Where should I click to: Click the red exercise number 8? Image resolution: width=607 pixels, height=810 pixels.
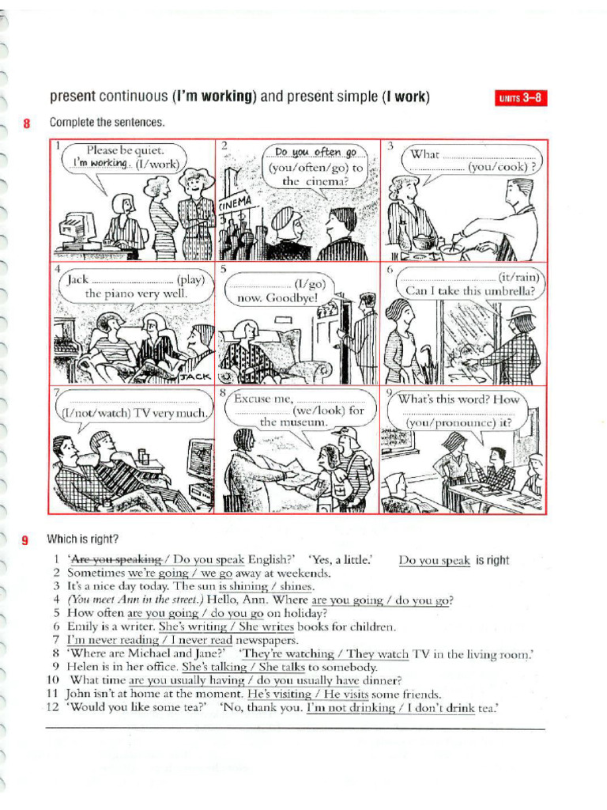click(26, 123)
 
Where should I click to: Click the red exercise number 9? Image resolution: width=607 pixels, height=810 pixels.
click(26, 540)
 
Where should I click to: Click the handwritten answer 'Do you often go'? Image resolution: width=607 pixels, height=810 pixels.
click(315, 153)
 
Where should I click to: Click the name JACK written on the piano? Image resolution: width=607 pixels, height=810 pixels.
click(194, 377)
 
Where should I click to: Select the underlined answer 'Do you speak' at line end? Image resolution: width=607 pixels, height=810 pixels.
click(434, 561)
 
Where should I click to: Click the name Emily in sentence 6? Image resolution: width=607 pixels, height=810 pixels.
click(83, 626)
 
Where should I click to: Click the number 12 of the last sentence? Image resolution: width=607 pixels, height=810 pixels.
click(53, 707)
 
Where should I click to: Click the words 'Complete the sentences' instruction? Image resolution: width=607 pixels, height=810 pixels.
click(107, 123)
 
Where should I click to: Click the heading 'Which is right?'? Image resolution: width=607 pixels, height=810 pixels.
click(82, 539)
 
